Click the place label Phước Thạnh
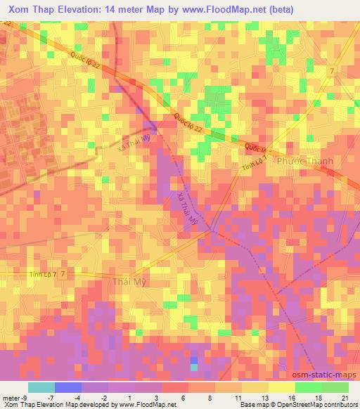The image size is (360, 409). point(305,161)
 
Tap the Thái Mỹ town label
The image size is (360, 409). point(131,283)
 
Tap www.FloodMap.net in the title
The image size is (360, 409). point(232,10)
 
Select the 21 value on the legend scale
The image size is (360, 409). point(345,397)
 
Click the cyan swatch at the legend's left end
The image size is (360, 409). point(41,387)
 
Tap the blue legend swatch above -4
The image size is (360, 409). point(68,387)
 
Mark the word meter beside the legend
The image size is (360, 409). point(12,397)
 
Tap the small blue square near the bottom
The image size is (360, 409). point(194,360)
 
